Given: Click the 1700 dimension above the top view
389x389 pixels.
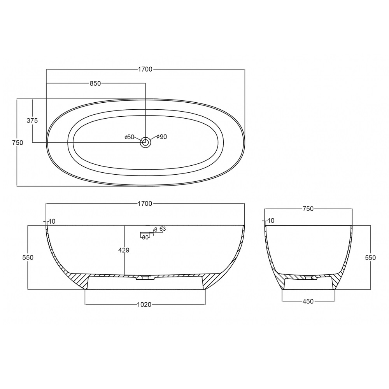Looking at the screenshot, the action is tap(145, 69).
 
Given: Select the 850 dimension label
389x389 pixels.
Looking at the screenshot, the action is tap(95, 83).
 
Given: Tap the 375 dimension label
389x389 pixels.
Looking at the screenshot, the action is tap(32, 121).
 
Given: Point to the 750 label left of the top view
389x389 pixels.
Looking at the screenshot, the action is tap(18, 143).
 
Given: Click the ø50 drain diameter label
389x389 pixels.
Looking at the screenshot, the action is tap(129, 137).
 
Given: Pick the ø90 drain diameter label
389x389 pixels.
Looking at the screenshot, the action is tap(162, 137).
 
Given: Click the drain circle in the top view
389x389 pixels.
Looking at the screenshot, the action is tap(145, 142).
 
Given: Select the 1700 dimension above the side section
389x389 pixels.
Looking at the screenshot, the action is tap(145, 204).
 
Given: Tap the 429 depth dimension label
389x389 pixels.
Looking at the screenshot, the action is tap(124, 250).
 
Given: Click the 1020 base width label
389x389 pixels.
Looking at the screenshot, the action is tap(144, 305).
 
